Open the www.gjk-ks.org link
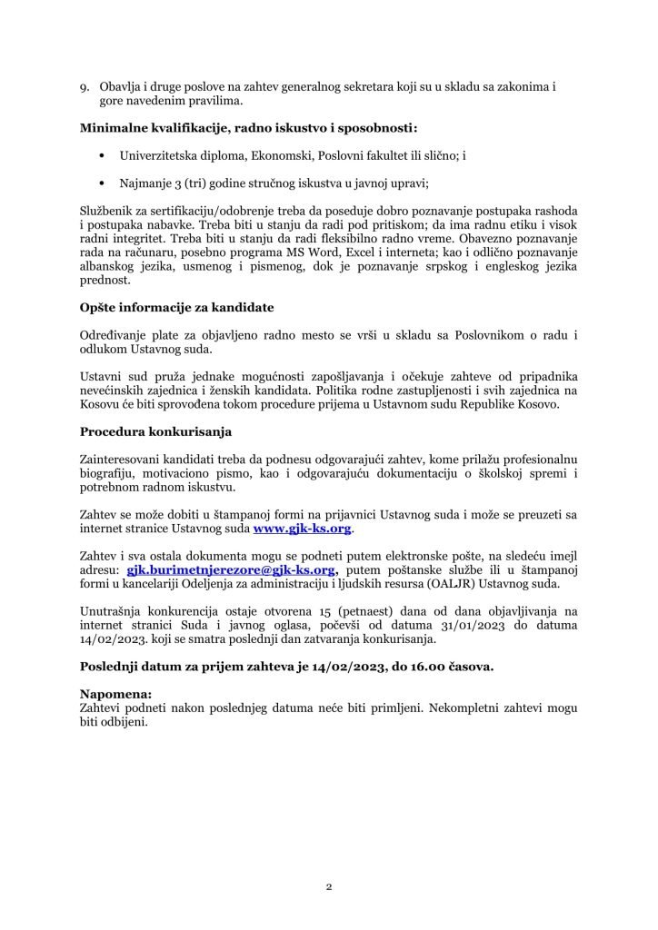pyautogui.click(x=302, y=529)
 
